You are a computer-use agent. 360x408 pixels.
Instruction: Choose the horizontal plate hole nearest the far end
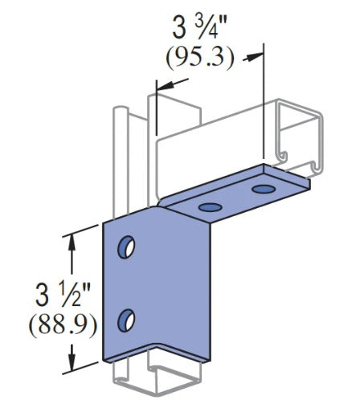tap(263, 190)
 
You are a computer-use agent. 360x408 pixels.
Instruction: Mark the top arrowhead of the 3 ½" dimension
tap(75, 236)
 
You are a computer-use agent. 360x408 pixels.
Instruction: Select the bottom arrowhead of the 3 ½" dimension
tap(75, 357)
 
